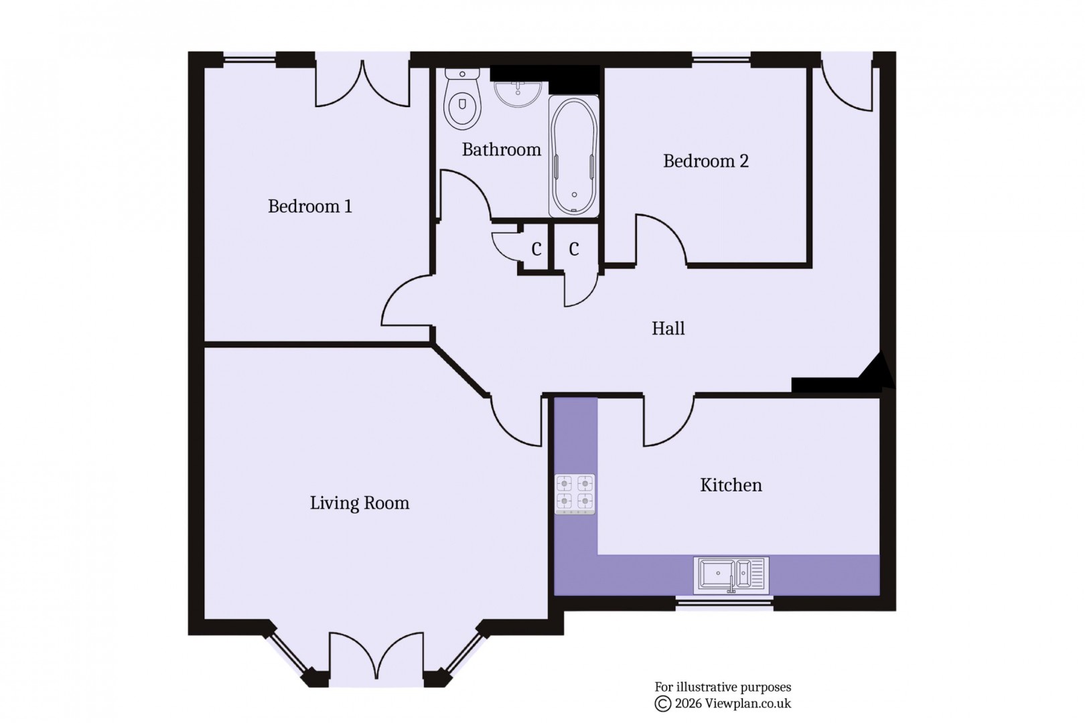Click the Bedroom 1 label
coord(309,206)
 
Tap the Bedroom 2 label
coord(705,161)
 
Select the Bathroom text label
coord(501,149)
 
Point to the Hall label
coord(668,329)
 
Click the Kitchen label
coord(731,485)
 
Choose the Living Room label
coord(359,503)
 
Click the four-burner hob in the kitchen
coord(575,493)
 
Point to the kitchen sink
coord(731,574)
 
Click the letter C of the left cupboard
coord(536,250)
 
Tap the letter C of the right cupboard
coord(574,250)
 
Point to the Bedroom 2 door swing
coord(660,238)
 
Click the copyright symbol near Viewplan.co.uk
coord(662,704)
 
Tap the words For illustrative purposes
coord(723,687)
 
